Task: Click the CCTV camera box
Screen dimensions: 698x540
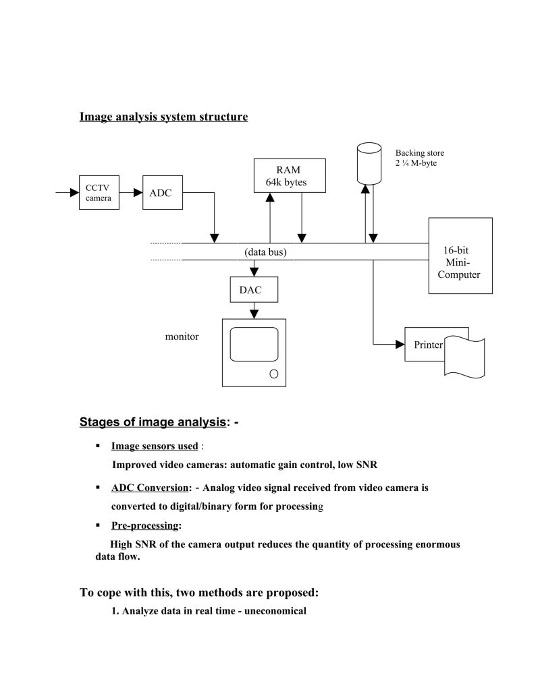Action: tap(99, 193)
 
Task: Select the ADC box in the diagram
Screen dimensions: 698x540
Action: tap(161, 193)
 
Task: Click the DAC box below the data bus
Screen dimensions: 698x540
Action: tap(254, 290)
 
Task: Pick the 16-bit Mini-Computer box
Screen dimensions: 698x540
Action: tap(460, 256)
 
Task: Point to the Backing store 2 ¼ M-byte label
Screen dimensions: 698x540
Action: tap(419, 158)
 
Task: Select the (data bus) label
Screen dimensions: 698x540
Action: tap(265, 252)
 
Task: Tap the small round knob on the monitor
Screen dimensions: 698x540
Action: tap(273, 374)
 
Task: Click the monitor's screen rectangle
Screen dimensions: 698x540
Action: tap(254, 345)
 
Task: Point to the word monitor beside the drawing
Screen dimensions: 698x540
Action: tap(182, 337)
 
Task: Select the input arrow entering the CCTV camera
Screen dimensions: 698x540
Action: tap(67, 193)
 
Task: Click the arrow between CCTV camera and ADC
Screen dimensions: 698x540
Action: tap(130, 193)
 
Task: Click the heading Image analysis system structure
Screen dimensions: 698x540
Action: tap(163, 117)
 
